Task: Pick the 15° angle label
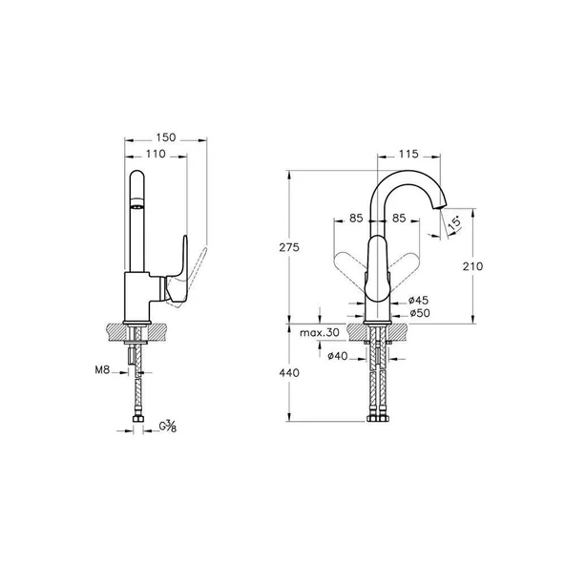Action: tap(454, 221)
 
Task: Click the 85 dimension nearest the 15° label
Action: tap(400, 219)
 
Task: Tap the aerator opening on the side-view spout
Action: tap(136, 206)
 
